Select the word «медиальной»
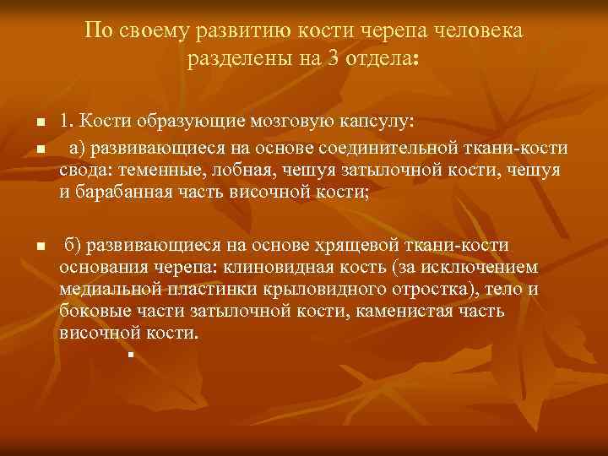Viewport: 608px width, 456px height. click(108, 289)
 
